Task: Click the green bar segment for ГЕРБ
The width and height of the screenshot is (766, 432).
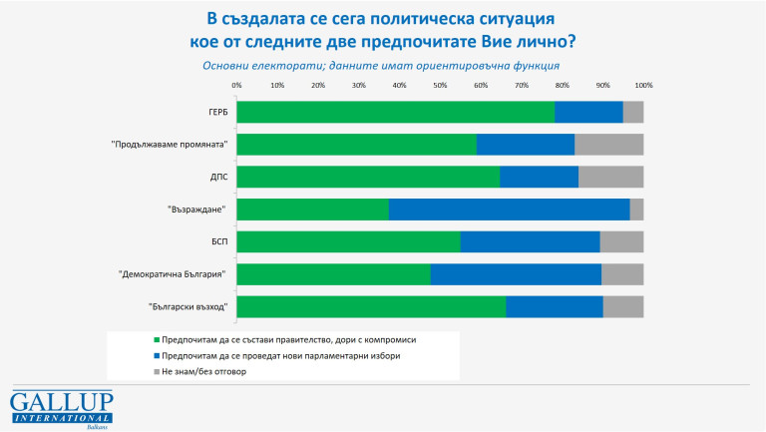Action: (396, 112)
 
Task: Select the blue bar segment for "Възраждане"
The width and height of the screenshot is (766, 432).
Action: (509, 209)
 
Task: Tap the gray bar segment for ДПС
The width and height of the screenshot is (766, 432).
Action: (610, 177)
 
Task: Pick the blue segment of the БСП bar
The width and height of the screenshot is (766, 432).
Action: (530, 241)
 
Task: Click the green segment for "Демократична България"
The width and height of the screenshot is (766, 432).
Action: (333, 273)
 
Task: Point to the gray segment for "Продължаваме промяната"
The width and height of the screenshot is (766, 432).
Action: (608, 144)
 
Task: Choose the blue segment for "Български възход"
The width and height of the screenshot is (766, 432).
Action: (554, 306)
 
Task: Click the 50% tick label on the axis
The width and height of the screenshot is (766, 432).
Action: (440, 86)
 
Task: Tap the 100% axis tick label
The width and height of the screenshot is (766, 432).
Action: (642, 86)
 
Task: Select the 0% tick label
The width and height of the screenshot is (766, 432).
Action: (236, 86)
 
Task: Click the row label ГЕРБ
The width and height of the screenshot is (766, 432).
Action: (218, 112)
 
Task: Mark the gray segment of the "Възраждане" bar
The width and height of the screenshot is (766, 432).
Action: (636, 209)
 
